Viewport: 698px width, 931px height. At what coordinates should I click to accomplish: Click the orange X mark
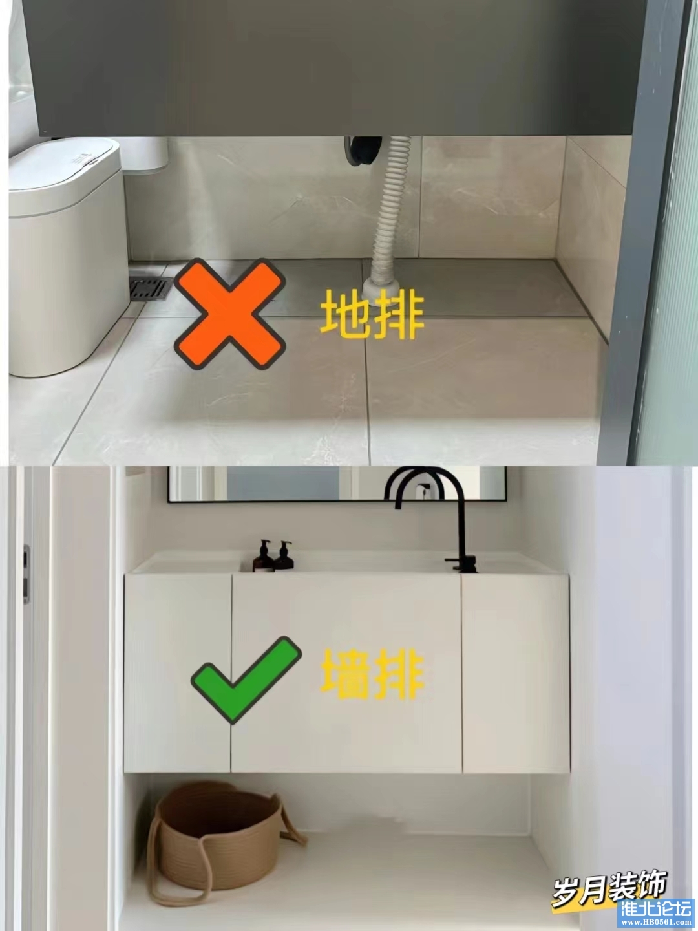click(229, 314)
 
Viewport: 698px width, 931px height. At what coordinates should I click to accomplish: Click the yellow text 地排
click(372, 314)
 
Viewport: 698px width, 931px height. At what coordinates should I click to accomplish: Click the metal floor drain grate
click(151, 288)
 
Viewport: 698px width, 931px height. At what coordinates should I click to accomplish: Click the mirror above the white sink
click(337, 484)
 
